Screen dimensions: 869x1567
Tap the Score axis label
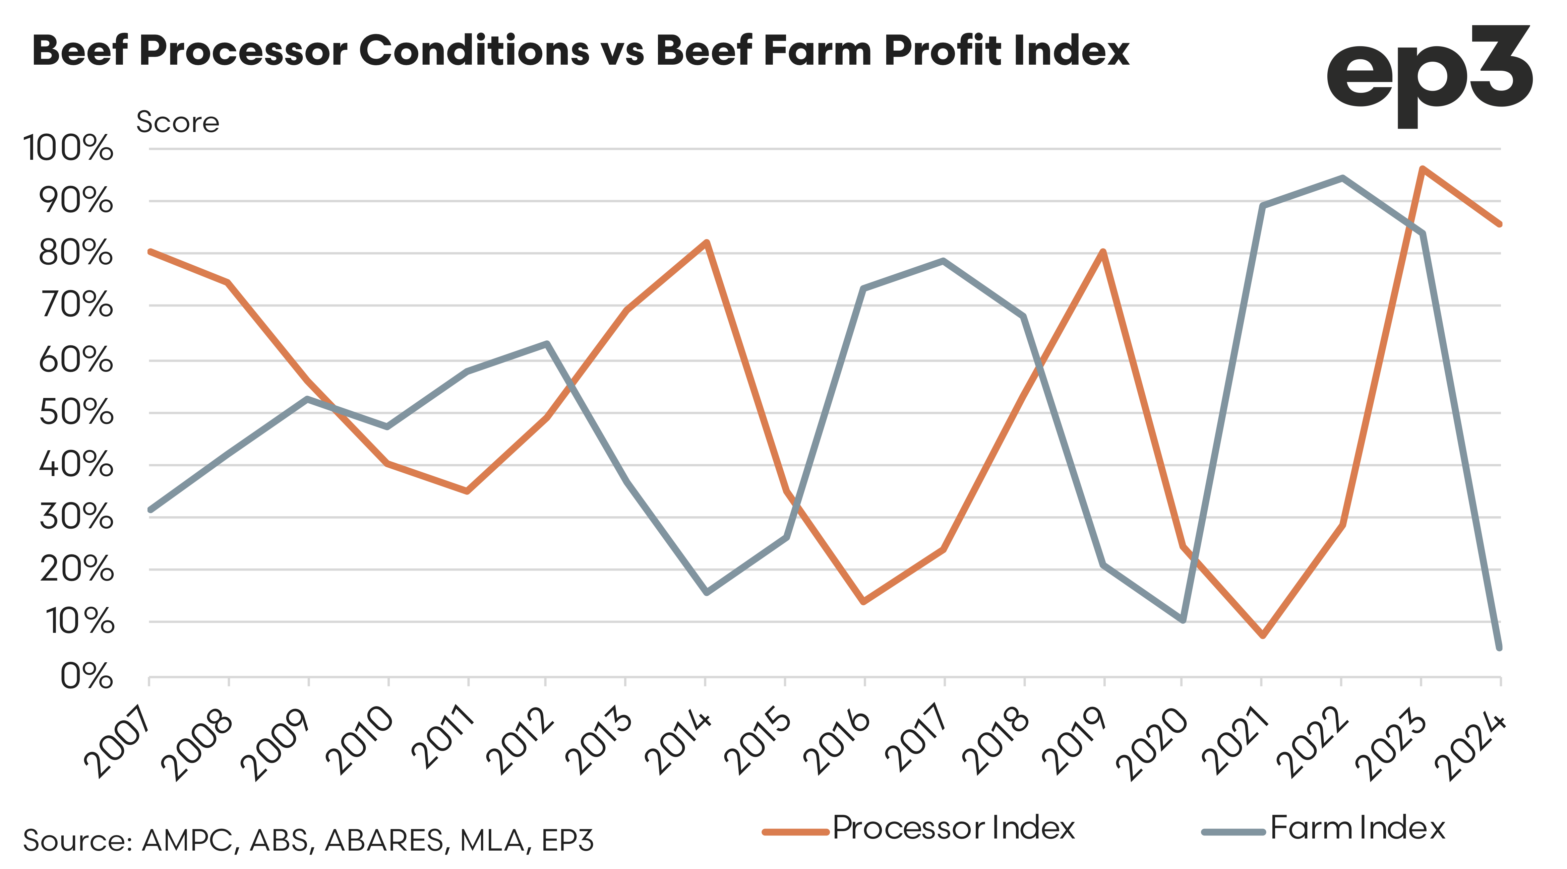[178, 122]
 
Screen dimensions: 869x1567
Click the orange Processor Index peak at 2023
[1422, 169]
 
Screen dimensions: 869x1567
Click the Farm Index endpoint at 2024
[1500, 648]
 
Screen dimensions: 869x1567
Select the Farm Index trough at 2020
[1183, 620]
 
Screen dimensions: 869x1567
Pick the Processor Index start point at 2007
[149, 251]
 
